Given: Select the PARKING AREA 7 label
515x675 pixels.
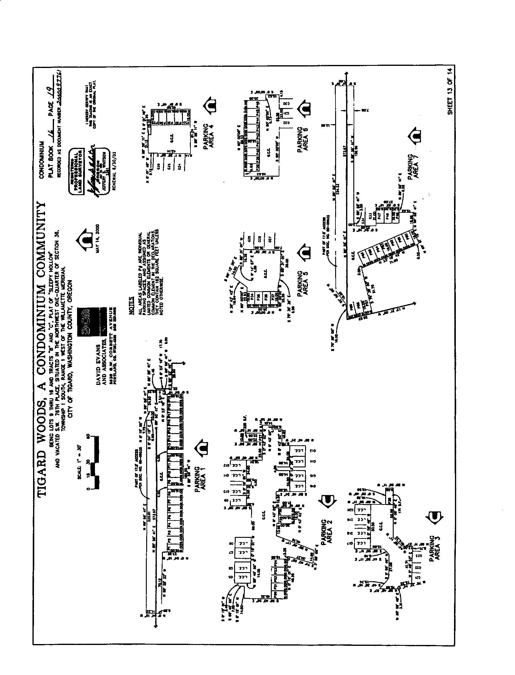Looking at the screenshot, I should [413, 166].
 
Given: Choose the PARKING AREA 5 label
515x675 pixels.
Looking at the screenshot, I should [302, 283].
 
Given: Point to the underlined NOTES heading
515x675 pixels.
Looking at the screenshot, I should [132, 305].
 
